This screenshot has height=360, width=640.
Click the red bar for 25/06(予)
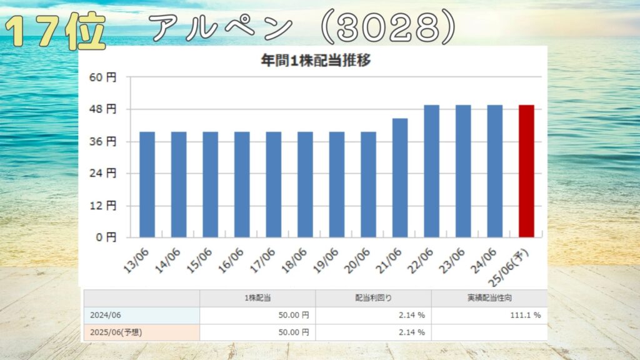point(526,171)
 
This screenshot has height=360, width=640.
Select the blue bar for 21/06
point(400,178)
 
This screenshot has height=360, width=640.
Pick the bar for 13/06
point(147,184)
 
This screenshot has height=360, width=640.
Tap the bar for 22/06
point(431,171)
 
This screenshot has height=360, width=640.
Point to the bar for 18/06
point(305,184)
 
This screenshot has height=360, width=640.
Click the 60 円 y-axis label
point(103,77)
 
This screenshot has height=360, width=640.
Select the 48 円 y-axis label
point(103,109)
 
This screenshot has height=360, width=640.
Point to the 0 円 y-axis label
point(106,237)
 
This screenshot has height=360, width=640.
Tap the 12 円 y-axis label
point(103,206)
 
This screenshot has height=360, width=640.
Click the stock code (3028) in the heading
point(388,28)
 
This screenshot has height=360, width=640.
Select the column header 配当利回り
point(373,299)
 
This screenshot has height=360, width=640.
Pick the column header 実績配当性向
point(489,299)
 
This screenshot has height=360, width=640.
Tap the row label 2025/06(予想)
point(116,332)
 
